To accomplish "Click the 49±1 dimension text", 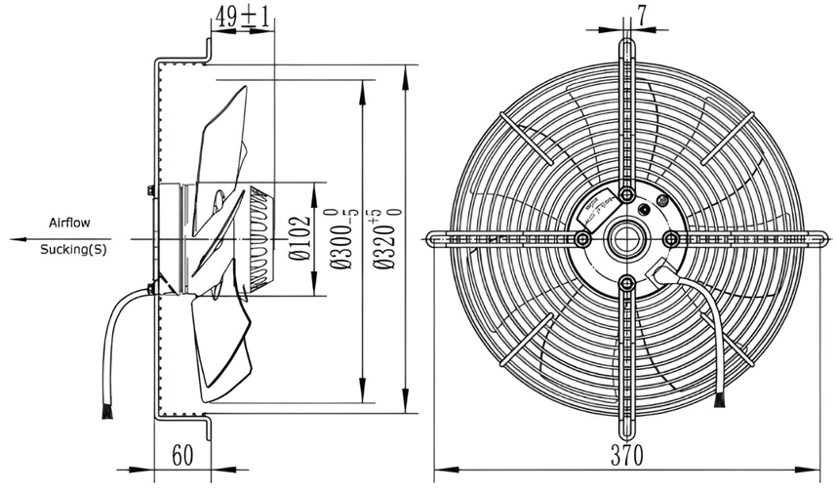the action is coord(242,18).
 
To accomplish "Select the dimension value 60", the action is coord(182,455).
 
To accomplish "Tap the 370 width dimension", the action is coord(627,455).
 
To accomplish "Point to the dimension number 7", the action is coord(642,15).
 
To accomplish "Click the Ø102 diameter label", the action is coord(299,238).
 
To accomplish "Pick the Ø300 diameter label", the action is coord(341,238).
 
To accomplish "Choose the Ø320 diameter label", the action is coord(385,238).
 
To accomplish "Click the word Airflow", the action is coord(69,223).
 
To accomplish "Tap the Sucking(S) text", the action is coord(73,249).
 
